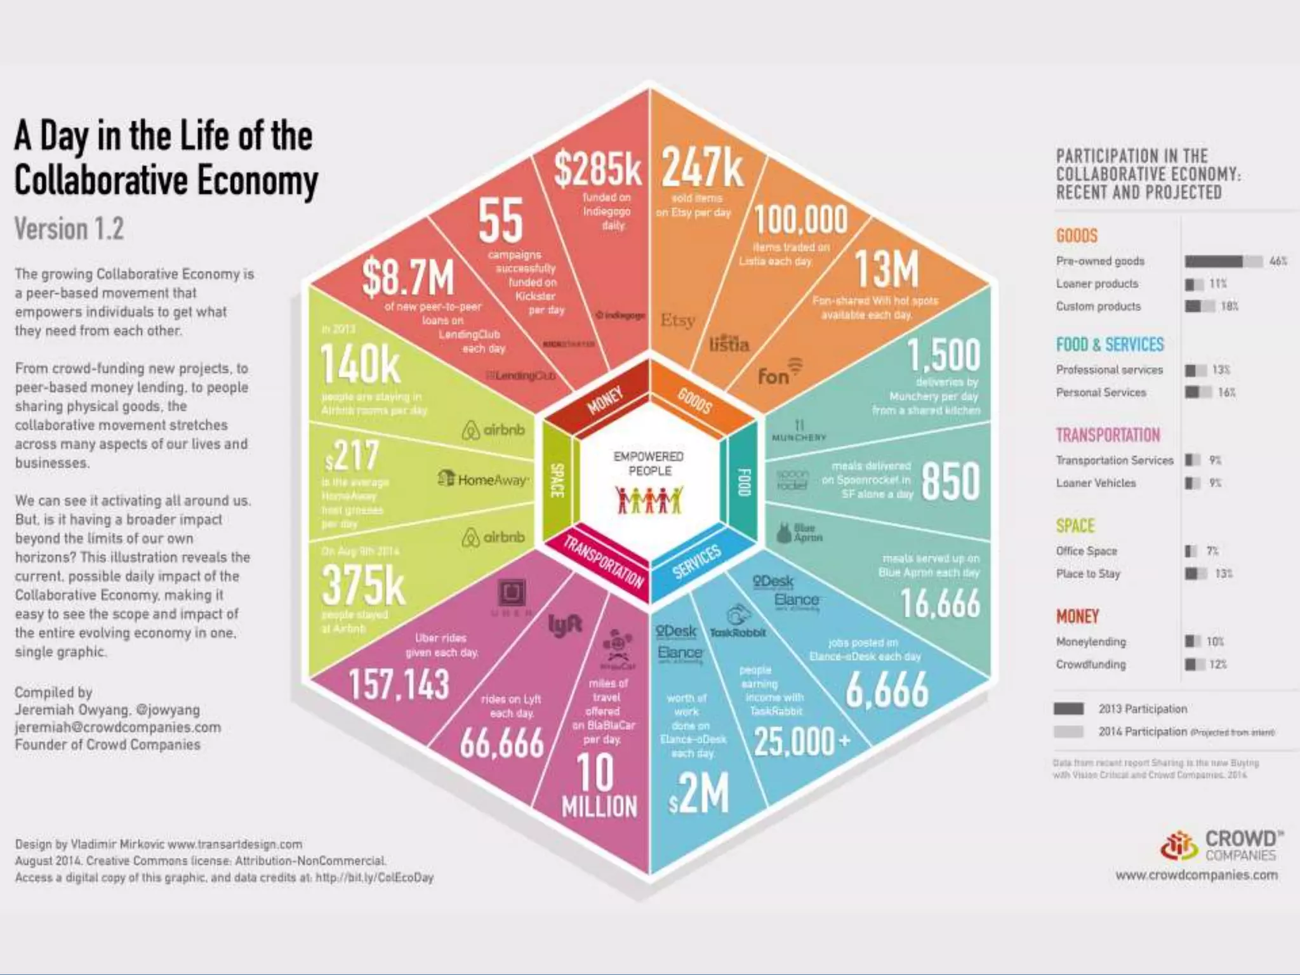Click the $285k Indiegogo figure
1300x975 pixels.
597,168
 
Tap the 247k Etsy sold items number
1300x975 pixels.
702,168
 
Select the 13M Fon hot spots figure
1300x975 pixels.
886,269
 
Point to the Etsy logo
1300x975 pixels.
677,320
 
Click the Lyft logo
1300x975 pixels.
564,625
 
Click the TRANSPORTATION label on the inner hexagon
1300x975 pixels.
603,561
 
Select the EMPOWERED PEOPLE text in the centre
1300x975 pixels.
649,463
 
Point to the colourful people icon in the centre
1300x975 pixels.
649,500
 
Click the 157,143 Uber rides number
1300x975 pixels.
399,686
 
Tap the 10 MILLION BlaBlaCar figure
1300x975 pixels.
599,787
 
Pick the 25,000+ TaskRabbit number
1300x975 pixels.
801,741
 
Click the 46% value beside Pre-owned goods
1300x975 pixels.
1278,261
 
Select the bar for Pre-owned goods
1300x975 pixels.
1223,262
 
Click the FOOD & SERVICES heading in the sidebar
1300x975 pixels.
1110,345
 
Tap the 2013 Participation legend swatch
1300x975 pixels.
1069,708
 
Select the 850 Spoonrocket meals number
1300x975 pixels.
950,481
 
